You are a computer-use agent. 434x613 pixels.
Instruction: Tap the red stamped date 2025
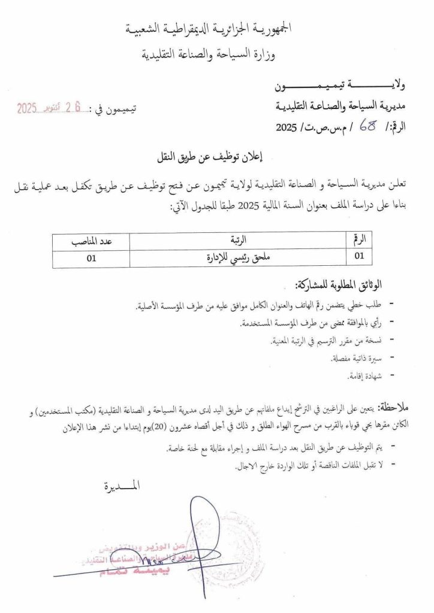tap(27, 108)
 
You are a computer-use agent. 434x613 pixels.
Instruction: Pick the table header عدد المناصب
tap(91, 241)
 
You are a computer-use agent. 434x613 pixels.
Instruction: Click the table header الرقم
tap(360, 241)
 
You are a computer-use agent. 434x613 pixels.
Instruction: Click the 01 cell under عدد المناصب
tap(91, 258)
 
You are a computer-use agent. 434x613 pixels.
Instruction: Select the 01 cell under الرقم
tap(360, 258)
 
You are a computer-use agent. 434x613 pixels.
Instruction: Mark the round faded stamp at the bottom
tap(231, 548)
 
